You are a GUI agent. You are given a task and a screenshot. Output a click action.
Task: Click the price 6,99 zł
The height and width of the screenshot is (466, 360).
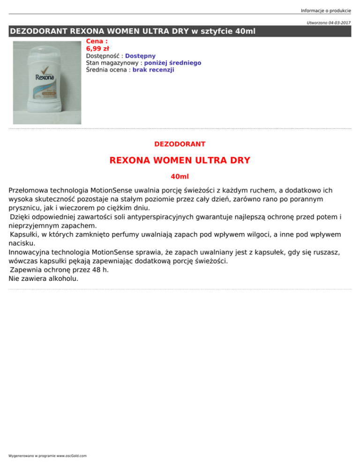(97, 49)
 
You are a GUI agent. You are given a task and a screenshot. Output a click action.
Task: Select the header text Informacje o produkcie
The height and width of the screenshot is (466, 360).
(326, 5)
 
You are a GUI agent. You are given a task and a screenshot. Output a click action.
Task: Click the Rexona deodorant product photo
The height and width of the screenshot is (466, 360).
(47, 83)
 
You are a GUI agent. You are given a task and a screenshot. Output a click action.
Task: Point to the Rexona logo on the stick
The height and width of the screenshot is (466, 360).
(45, 77)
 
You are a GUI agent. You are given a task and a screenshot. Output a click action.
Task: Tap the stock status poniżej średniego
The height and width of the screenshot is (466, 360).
(172, 63)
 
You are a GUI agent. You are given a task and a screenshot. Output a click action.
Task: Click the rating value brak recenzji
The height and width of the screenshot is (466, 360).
(153, 70)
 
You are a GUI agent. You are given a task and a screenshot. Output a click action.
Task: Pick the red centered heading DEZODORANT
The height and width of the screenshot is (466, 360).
(180, 144)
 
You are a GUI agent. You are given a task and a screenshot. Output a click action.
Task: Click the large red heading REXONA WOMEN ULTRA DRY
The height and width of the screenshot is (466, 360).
(180, 160)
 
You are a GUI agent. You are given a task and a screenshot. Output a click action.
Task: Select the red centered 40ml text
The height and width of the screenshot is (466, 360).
(180, 177)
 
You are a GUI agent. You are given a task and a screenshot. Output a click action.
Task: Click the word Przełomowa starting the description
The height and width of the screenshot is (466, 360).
(31, 191)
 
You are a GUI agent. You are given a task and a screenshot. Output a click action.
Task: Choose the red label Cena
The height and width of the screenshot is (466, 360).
(95, 41)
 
